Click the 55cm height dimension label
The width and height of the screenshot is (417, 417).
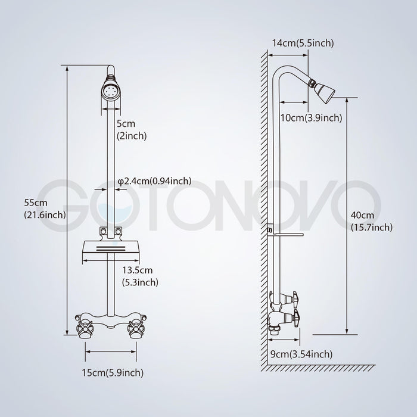tap(45, 208)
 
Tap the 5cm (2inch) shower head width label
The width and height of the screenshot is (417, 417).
tap(132, 129)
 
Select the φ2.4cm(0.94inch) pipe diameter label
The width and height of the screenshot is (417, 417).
tap(154, 181)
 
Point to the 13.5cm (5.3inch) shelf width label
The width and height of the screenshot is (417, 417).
tap(140, 276)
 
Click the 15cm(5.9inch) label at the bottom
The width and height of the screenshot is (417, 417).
tap(113, 372)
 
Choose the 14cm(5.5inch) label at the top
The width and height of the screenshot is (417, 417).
tap(303, 43)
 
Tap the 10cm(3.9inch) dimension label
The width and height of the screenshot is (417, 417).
tap(312, 117)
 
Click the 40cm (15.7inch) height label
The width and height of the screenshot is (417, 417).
tap(372, 221)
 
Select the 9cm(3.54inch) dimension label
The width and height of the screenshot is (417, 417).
tap(301, 354)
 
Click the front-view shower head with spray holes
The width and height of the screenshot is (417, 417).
tap(111, 92)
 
